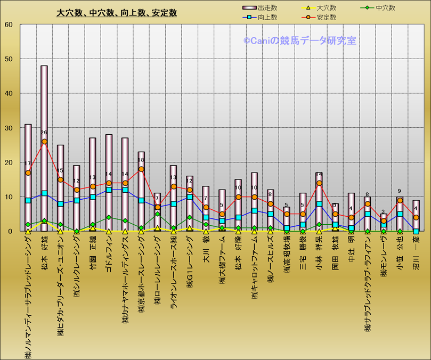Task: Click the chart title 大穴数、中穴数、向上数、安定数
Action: point(117,13)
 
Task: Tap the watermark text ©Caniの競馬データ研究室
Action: point(300,40)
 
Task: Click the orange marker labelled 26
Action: point(44,142)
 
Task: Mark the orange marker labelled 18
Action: point(141,169)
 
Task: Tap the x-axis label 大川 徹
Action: point(206,250)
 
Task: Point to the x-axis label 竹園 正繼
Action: point(93,253)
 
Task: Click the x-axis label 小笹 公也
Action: point(400,253)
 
